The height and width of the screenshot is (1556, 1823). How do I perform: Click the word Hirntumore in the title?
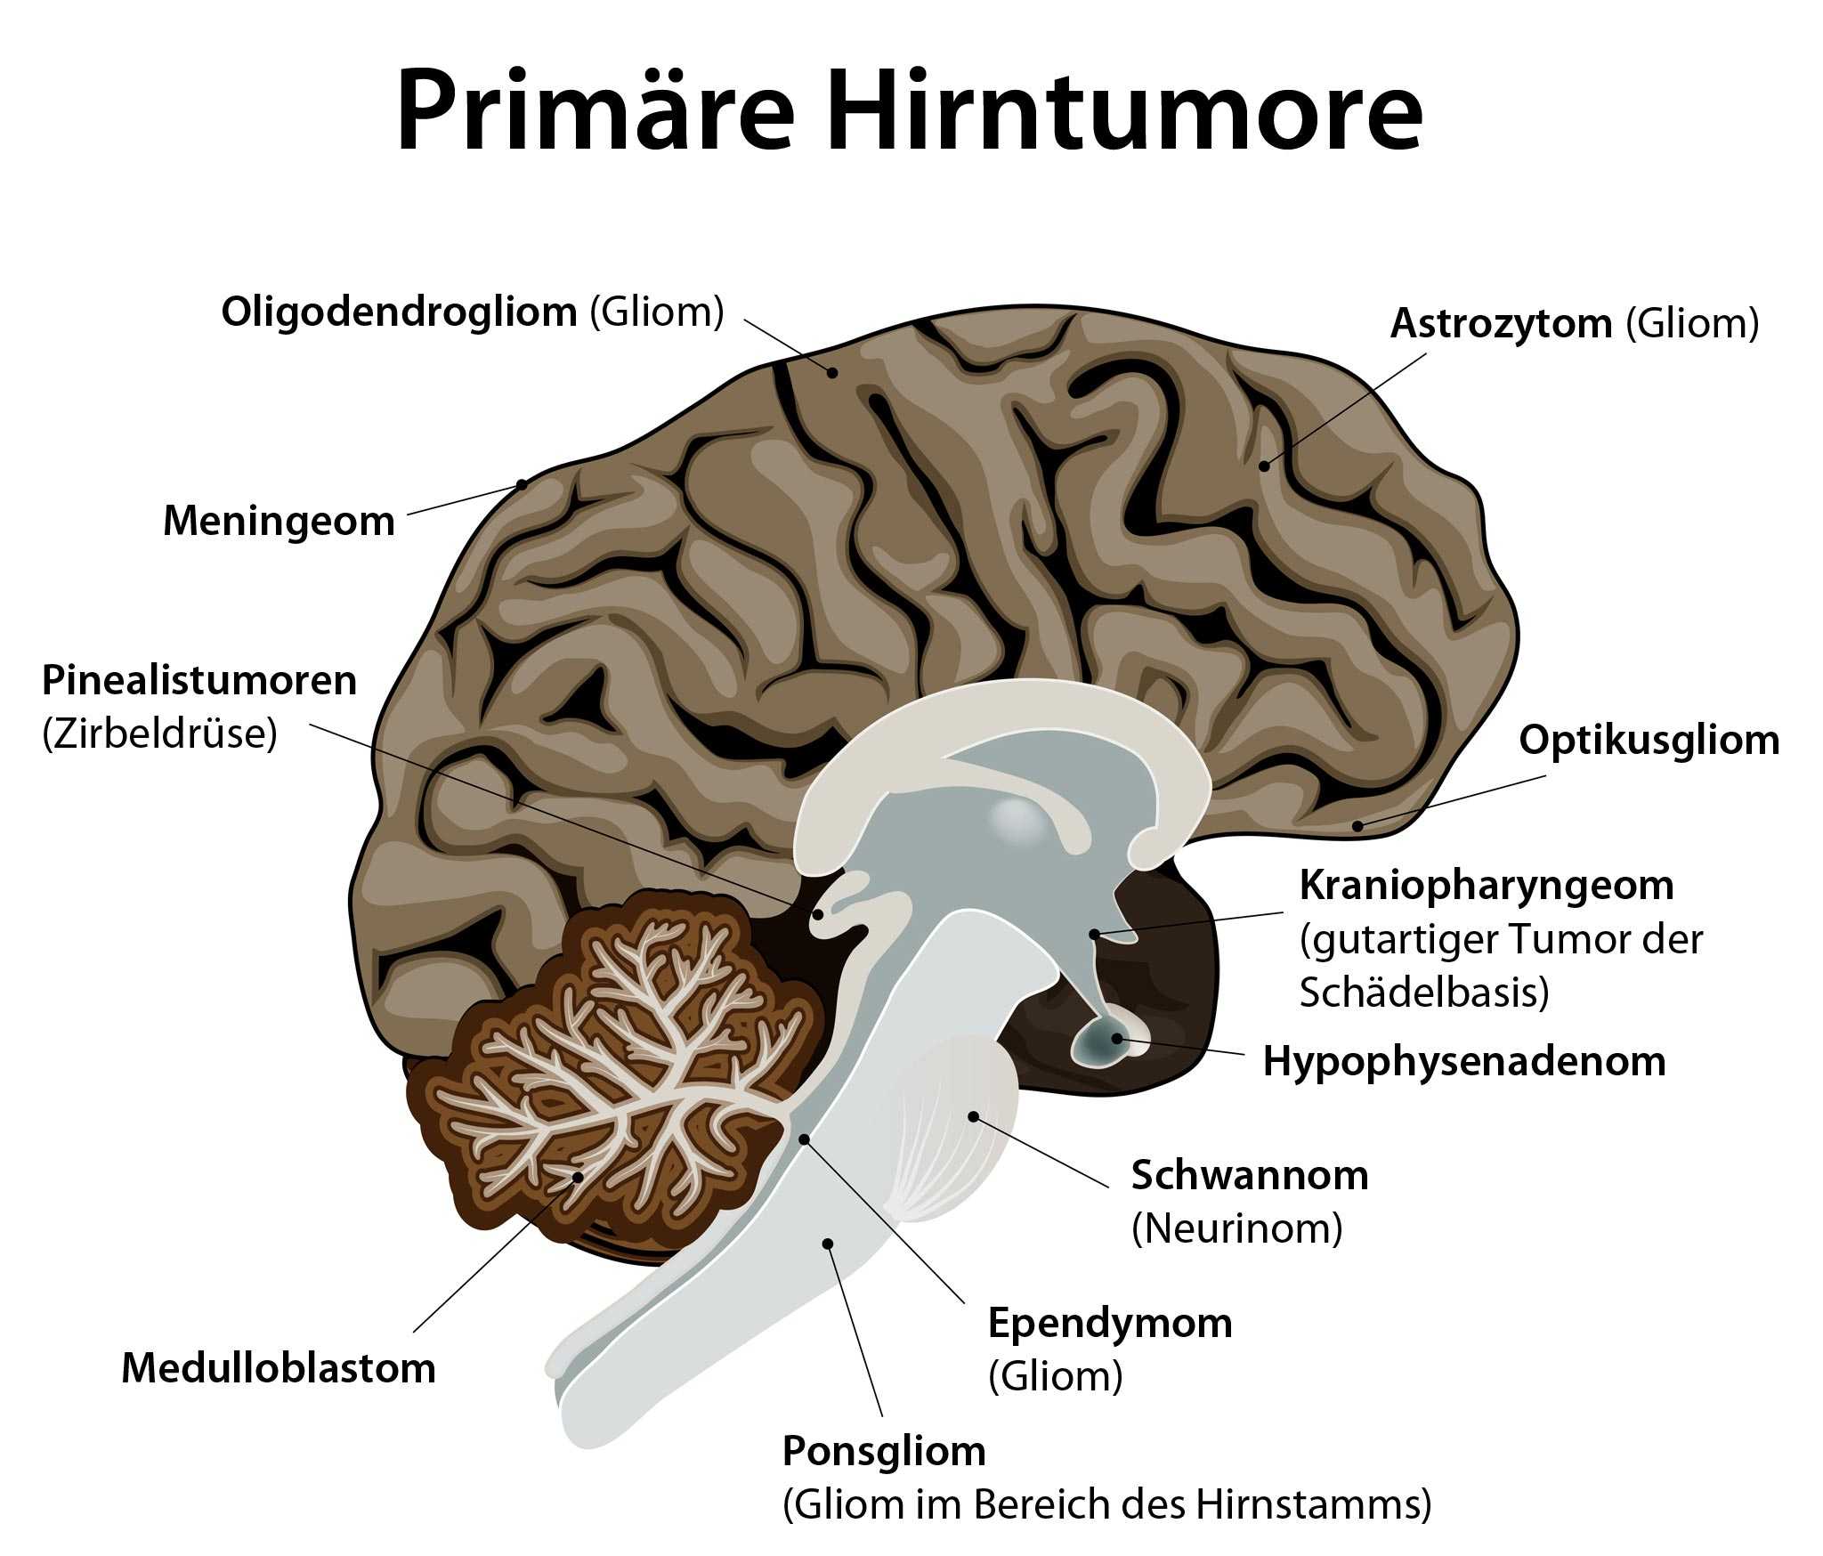[1125, 109]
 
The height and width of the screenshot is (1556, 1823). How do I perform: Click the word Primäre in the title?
[595, 109]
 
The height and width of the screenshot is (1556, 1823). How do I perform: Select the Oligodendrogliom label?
[400, 312]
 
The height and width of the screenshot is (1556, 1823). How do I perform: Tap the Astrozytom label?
[1501, 323]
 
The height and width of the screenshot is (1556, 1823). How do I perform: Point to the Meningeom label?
[279, 521]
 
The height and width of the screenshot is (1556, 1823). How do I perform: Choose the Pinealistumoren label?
[199, 680]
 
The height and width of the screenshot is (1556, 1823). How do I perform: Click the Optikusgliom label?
[1649, 740]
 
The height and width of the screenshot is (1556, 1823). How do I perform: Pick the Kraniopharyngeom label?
[1487, 885]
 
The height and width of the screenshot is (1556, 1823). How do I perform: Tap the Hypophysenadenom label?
[1464, 1061]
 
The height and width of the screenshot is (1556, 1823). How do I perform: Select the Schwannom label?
[1250, 1175]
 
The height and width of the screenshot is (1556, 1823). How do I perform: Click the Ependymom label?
[1110, 1323]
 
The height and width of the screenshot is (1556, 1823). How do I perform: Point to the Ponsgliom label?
[884, 1452]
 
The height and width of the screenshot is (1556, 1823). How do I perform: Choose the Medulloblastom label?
[279, 1368]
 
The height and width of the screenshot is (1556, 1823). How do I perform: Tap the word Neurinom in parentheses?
[1237, 1228]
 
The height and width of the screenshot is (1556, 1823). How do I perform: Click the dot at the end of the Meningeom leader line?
[523, 485]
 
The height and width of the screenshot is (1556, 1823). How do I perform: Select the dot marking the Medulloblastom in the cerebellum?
[578, 1177]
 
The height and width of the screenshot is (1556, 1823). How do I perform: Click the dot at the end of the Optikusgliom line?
[1357, 826]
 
